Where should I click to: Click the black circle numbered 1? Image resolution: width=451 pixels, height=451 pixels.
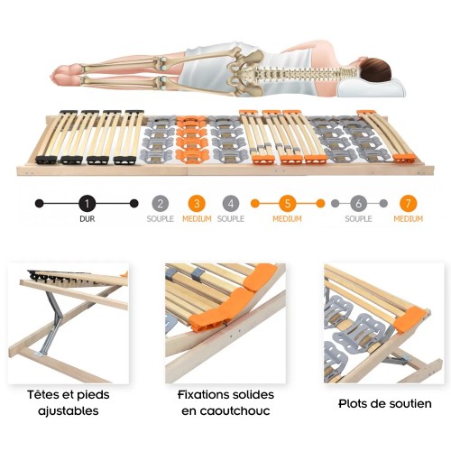87,204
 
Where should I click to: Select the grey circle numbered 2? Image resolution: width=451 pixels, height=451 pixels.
161,204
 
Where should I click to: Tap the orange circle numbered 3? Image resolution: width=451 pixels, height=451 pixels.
197,204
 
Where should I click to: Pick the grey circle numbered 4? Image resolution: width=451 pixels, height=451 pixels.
231,204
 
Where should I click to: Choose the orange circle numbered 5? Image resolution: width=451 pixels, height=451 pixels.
288,204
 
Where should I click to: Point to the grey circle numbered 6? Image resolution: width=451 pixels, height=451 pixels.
358,204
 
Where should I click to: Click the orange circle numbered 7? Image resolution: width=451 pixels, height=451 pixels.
408,204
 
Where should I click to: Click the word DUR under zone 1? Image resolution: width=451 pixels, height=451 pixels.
87,219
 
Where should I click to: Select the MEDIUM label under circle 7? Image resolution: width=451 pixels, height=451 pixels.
408,218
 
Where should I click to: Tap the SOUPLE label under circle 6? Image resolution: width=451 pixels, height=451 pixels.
358,218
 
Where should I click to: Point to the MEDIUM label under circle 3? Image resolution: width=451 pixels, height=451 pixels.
197,218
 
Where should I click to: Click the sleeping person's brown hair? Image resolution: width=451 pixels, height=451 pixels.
376,70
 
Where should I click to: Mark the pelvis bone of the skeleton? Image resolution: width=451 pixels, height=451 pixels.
245,72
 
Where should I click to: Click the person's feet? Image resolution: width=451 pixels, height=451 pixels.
66,74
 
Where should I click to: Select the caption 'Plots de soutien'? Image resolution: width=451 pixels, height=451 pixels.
385,403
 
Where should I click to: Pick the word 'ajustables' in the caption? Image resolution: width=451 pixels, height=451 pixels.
69,411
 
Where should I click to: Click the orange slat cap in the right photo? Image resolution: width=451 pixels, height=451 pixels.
410,318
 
